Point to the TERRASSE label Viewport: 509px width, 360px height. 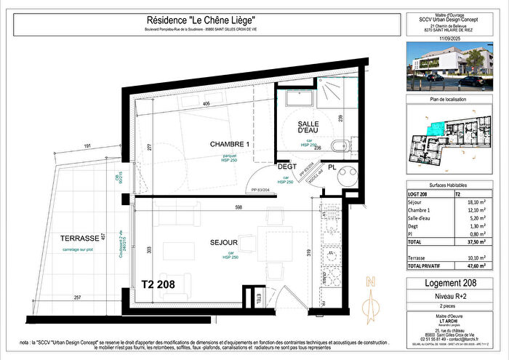[79, 239]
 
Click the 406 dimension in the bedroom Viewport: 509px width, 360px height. [207, 104]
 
